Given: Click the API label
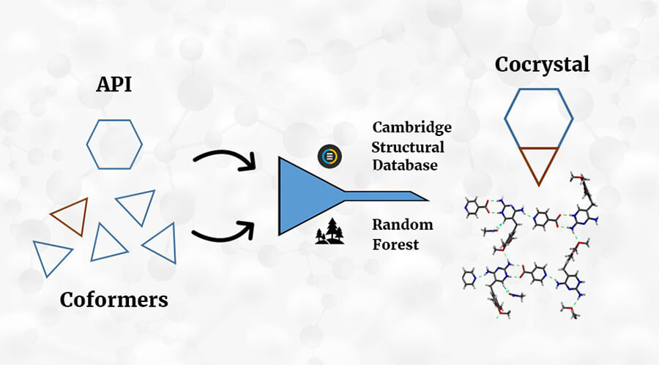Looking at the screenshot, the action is tap(114, 84).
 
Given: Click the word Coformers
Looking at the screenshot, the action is tap(114, 300).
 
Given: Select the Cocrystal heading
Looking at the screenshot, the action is tap(542, 64).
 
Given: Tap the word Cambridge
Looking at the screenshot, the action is tap(412, 127).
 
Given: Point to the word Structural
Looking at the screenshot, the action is tap(408, 147).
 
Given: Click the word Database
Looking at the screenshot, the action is tap(405, 165).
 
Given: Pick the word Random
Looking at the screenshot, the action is tap(403, 225).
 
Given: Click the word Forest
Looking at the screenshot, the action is tap(395, 244).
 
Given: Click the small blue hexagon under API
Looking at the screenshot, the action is tap(87, 145).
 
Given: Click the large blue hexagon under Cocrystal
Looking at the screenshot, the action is tap(505, 119).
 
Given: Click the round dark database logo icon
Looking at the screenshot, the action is tap(330, 156).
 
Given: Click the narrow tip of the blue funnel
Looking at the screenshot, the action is tap(428, 200).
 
